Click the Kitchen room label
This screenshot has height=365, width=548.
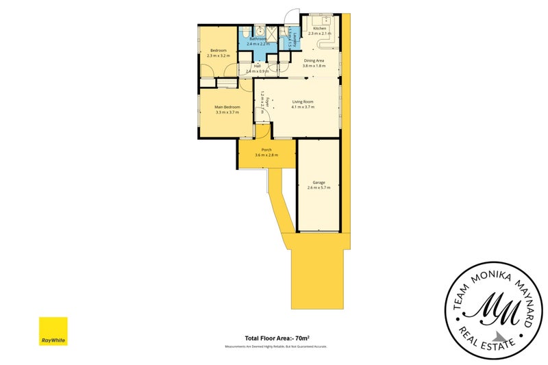[x=319, y=28]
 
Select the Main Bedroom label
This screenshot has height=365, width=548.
[x=226, y=107]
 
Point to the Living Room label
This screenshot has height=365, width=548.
[x=302, y=102]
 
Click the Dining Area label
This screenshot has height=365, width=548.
[x=314, y=61]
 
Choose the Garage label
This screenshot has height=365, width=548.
[x=319, y=183]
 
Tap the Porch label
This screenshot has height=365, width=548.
[x=266, y=150]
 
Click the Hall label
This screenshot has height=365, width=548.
[x=257, y=66]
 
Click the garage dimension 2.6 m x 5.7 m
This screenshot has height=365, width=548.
[x=319, y=188]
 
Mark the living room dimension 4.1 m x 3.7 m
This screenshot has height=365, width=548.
[x=302, y=107]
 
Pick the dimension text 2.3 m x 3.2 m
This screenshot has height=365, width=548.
[x=219, y=55]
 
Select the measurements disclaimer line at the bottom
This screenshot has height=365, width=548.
[x=275, y=347]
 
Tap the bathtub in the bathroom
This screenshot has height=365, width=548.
[x=245, y=34]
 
